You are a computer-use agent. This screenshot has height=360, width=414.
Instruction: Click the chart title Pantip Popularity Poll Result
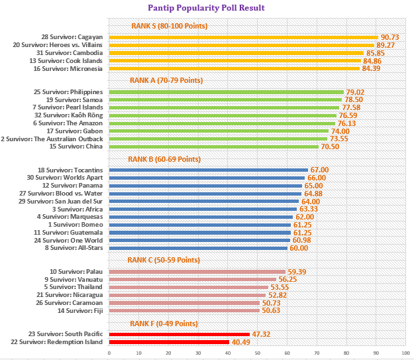pyautogui.click(x=206, y=8)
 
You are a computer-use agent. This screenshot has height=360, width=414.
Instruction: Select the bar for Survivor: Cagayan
pyautogui.click(x=243, y=37)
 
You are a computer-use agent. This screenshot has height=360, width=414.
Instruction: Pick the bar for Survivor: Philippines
pyautogui.click(x=226, y=91)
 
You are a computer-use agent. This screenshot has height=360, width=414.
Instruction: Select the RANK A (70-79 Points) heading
pyautogui.click(x=166, y=80)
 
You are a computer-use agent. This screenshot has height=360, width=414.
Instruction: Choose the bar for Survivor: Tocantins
pyautogui.click(x=208, y=170)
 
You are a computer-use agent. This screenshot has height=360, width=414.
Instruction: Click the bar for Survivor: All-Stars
pyautogui.click(x=198, y=248)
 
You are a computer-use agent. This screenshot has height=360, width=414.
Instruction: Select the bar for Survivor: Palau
pyautogui.click(x=197, y=271)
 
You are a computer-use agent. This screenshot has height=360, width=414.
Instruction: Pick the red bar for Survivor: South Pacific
pyautogui.click(x=179, y=333)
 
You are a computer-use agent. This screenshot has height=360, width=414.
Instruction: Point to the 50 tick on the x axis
pyautogui.click(x=257, y=353)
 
